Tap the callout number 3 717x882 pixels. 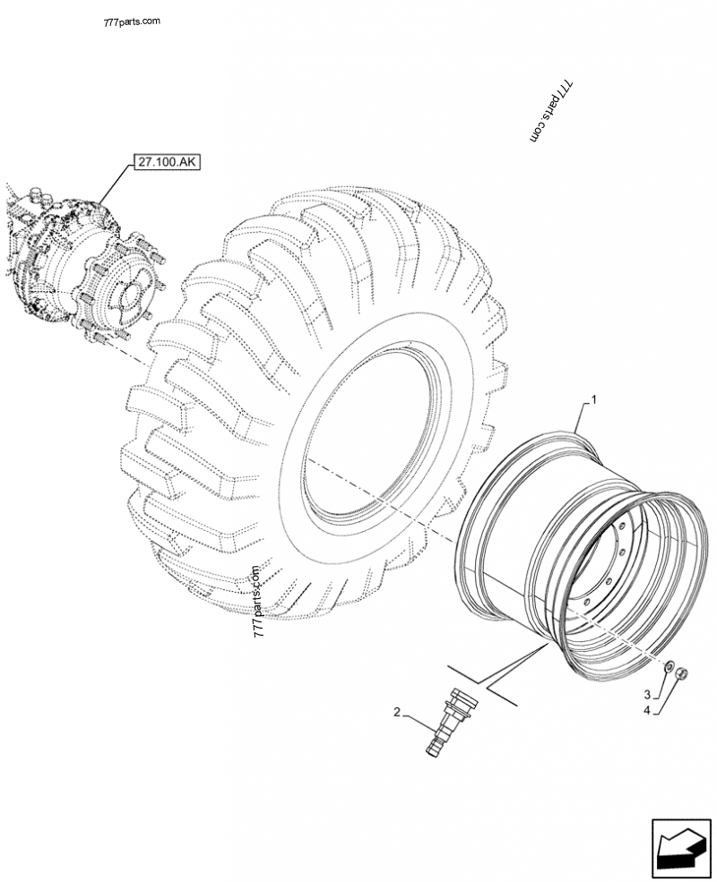click(x=647, y=693)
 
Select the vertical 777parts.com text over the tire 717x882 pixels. click(x=258, y=601)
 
